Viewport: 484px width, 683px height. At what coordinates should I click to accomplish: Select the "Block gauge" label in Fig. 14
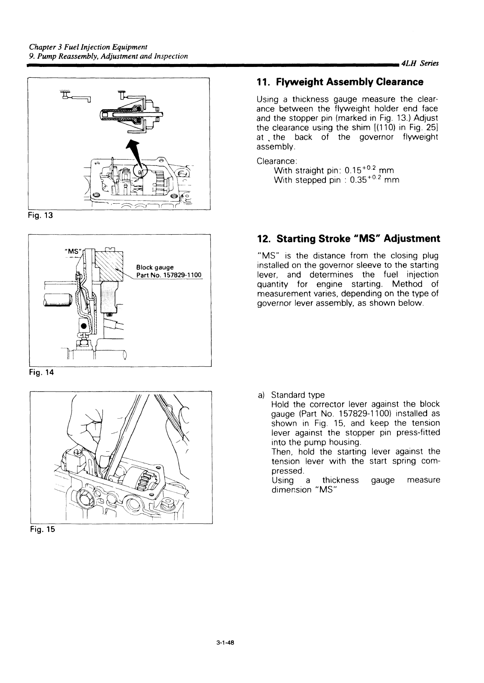152,267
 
